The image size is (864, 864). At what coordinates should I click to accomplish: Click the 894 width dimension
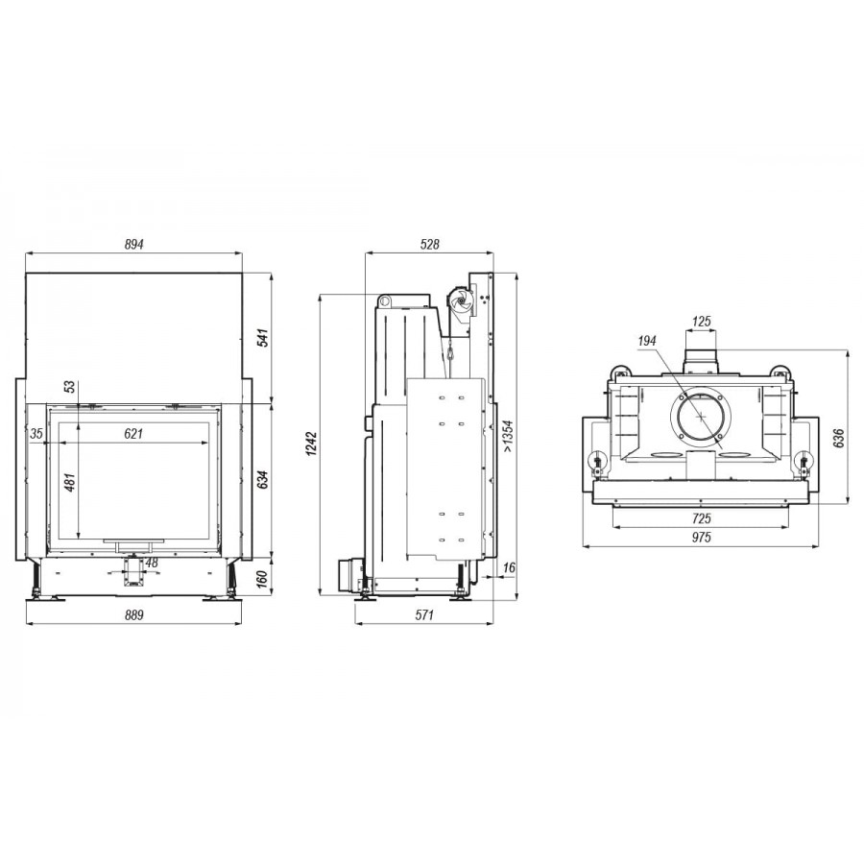point(133,244)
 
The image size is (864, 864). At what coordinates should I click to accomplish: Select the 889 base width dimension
point(133,615)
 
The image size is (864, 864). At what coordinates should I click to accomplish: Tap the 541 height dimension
point(263,337)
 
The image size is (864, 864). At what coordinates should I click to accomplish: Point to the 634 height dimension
point(263,479)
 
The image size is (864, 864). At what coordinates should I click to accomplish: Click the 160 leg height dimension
point(263,579)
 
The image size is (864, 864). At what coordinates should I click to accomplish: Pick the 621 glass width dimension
point(133,434)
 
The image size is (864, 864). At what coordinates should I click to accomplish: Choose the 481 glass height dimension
point(70,482)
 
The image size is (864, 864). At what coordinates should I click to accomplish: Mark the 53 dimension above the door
point(70,386)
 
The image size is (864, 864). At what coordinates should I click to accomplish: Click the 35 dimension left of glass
point(36,434)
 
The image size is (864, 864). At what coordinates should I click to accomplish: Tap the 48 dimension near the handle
point(152,563)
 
